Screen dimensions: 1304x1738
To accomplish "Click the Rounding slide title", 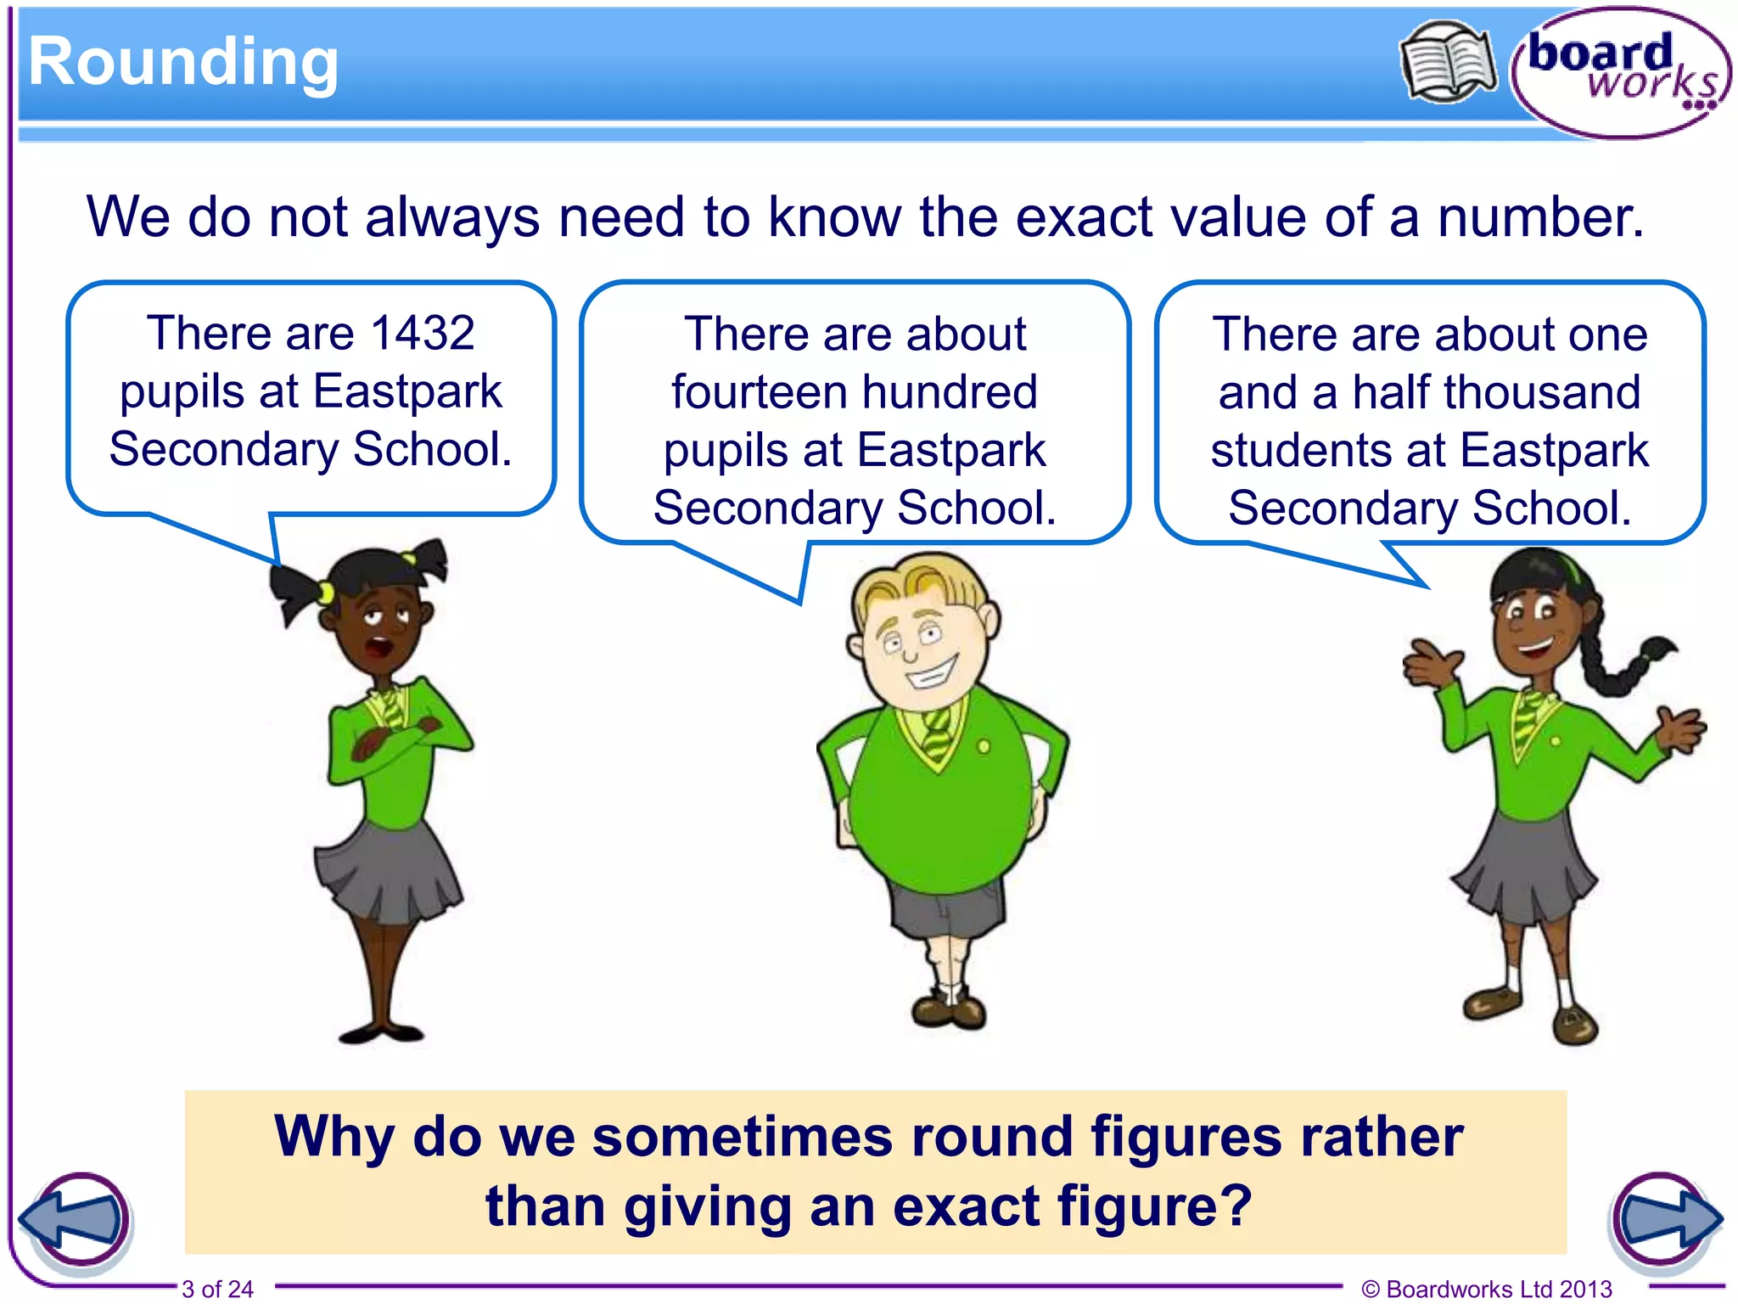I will click(183, 63).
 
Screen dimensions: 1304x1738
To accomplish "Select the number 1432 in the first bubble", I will click(423, 333).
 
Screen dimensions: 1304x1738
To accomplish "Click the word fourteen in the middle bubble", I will click(757, 392).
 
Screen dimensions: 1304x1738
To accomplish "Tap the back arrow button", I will click(75, 1219).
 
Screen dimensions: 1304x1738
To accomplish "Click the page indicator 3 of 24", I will click(217, 1289).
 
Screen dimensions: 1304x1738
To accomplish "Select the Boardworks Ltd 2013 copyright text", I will click(1487, 1289).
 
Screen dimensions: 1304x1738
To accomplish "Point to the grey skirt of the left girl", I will click(386, 874).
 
